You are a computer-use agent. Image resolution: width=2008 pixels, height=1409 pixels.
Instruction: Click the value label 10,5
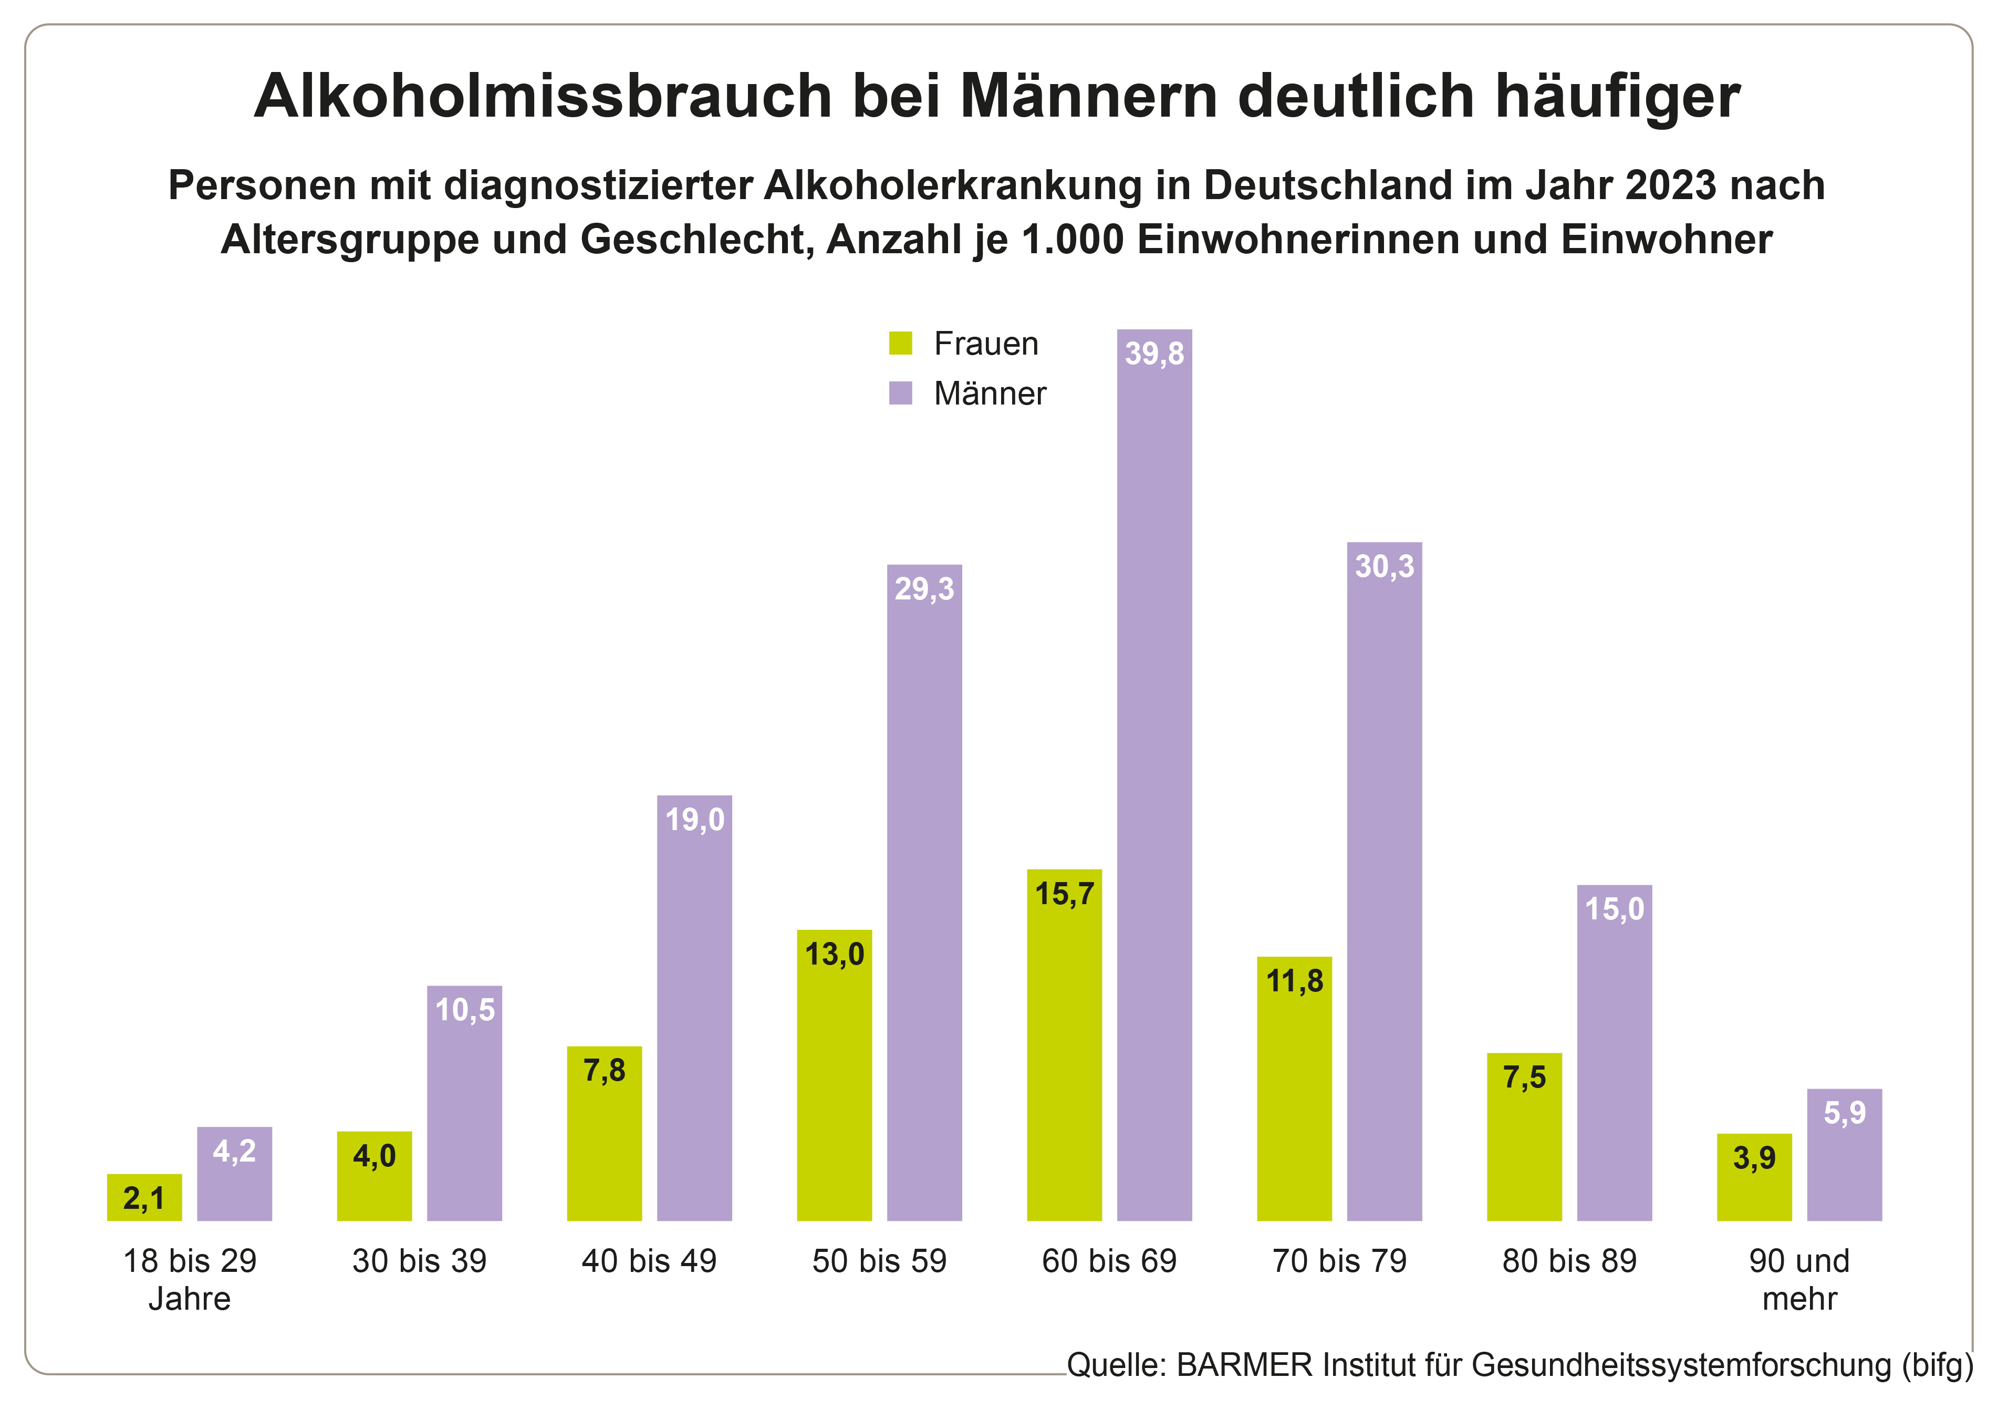coord(464,1010)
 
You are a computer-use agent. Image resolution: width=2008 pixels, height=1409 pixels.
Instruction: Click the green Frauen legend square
coord(900,343)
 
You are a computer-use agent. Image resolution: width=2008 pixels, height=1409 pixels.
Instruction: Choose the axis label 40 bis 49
coord(649,1261)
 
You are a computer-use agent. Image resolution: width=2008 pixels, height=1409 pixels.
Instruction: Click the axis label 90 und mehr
coord(1799,1279)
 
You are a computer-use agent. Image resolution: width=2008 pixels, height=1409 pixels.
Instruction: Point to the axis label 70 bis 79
coord(1339,1261)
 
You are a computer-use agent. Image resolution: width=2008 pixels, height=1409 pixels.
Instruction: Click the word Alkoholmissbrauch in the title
coord(542,96)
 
